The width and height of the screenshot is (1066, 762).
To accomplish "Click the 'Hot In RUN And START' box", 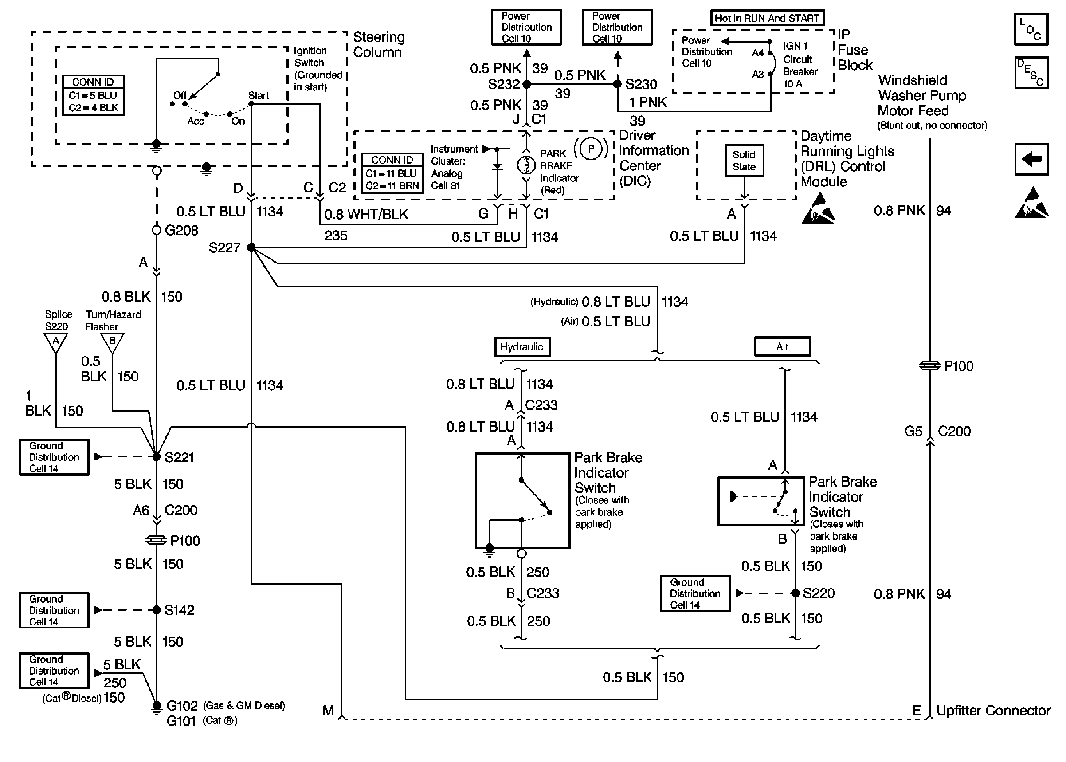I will (x=766, y=18).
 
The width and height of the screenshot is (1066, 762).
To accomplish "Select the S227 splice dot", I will (x=251, y=247).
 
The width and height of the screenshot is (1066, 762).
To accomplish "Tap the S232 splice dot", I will (x=527, y=84).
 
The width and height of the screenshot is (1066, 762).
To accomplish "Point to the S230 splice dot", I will (x=618, y=84).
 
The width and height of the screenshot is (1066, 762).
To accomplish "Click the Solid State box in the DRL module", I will (x=744, y=161).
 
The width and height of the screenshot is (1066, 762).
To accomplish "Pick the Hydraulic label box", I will (x=522, y=347).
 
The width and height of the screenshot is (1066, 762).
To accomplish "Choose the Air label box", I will (x=782, y=346).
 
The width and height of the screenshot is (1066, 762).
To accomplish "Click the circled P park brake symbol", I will (x=591, y=149).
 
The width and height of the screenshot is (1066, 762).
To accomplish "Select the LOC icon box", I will (x=1031, y=29).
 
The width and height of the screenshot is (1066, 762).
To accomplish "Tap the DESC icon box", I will (x=1031, y=73).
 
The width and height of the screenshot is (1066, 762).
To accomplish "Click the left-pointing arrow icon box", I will (x=1031, y=159).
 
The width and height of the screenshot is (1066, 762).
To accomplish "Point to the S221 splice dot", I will (x=157, y=456).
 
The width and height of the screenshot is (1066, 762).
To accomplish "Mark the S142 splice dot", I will (x=157, y=610).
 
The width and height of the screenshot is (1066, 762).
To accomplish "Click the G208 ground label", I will (x=181, y=230).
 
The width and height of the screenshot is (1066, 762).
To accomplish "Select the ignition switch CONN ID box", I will (x=93, y=95).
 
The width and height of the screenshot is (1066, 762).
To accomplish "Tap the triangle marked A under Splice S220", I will (x=56, y=342).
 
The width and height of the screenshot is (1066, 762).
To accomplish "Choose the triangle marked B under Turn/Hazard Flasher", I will (x=112, y=342).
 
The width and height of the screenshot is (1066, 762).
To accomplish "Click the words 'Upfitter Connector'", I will (x=993, y=711).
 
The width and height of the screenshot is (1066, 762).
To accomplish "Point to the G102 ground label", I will (x=182, y=706).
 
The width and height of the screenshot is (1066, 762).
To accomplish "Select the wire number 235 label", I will (x=336, y=236).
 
